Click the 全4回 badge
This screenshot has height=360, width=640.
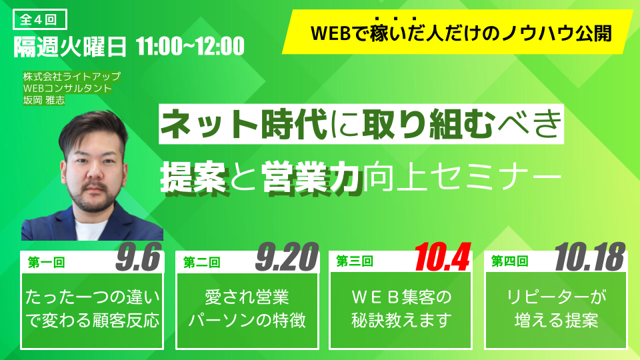coord(40,19)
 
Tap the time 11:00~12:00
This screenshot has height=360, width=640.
coord(190,46)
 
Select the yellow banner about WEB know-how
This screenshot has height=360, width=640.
coord(457,32)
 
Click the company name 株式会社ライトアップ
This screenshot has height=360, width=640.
coord(72,76)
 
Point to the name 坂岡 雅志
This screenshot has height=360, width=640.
coord(44,100)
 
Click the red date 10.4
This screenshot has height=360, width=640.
coord(442,257)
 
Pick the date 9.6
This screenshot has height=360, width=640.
coord(139,257)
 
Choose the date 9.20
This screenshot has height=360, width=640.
coord(287,257)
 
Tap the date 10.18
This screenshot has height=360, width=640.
coord(590,257)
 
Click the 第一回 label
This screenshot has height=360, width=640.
coord(46,262)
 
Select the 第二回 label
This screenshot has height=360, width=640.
coord(201,262)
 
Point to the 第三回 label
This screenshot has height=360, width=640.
coord(355,261)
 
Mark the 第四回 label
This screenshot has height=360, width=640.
coord(510,261)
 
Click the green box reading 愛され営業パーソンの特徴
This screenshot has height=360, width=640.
coord(247,310)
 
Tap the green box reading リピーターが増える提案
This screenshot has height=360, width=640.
coord(556,310)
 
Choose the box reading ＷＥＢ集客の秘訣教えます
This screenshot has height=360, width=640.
coord(401,310)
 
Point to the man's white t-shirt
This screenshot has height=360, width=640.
coord(90,229)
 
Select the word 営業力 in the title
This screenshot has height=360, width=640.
coord(312,177)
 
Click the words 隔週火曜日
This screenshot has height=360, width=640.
coord(70,47)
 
